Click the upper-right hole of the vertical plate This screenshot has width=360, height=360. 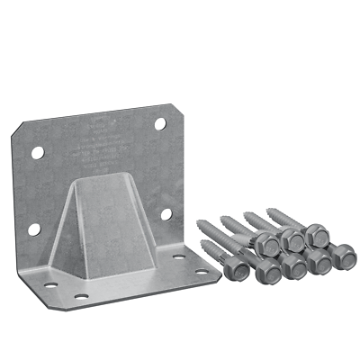[159, 123]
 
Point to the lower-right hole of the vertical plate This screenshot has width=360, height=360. [166, 215]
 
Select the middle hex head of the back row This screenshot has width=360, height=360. [292, 239]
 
